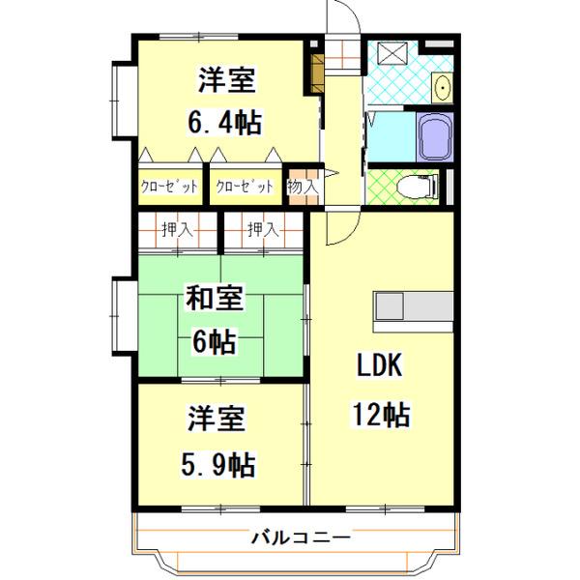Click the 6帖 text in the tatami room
click(x=214, y=341)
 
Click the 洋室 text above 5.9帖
click(x=216, y=420)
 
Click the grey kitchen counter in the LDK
click(x=415, y=306)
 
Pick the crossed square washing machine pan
click(x=393, y=55)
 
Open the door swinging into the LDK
click(x=340, y=228)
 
